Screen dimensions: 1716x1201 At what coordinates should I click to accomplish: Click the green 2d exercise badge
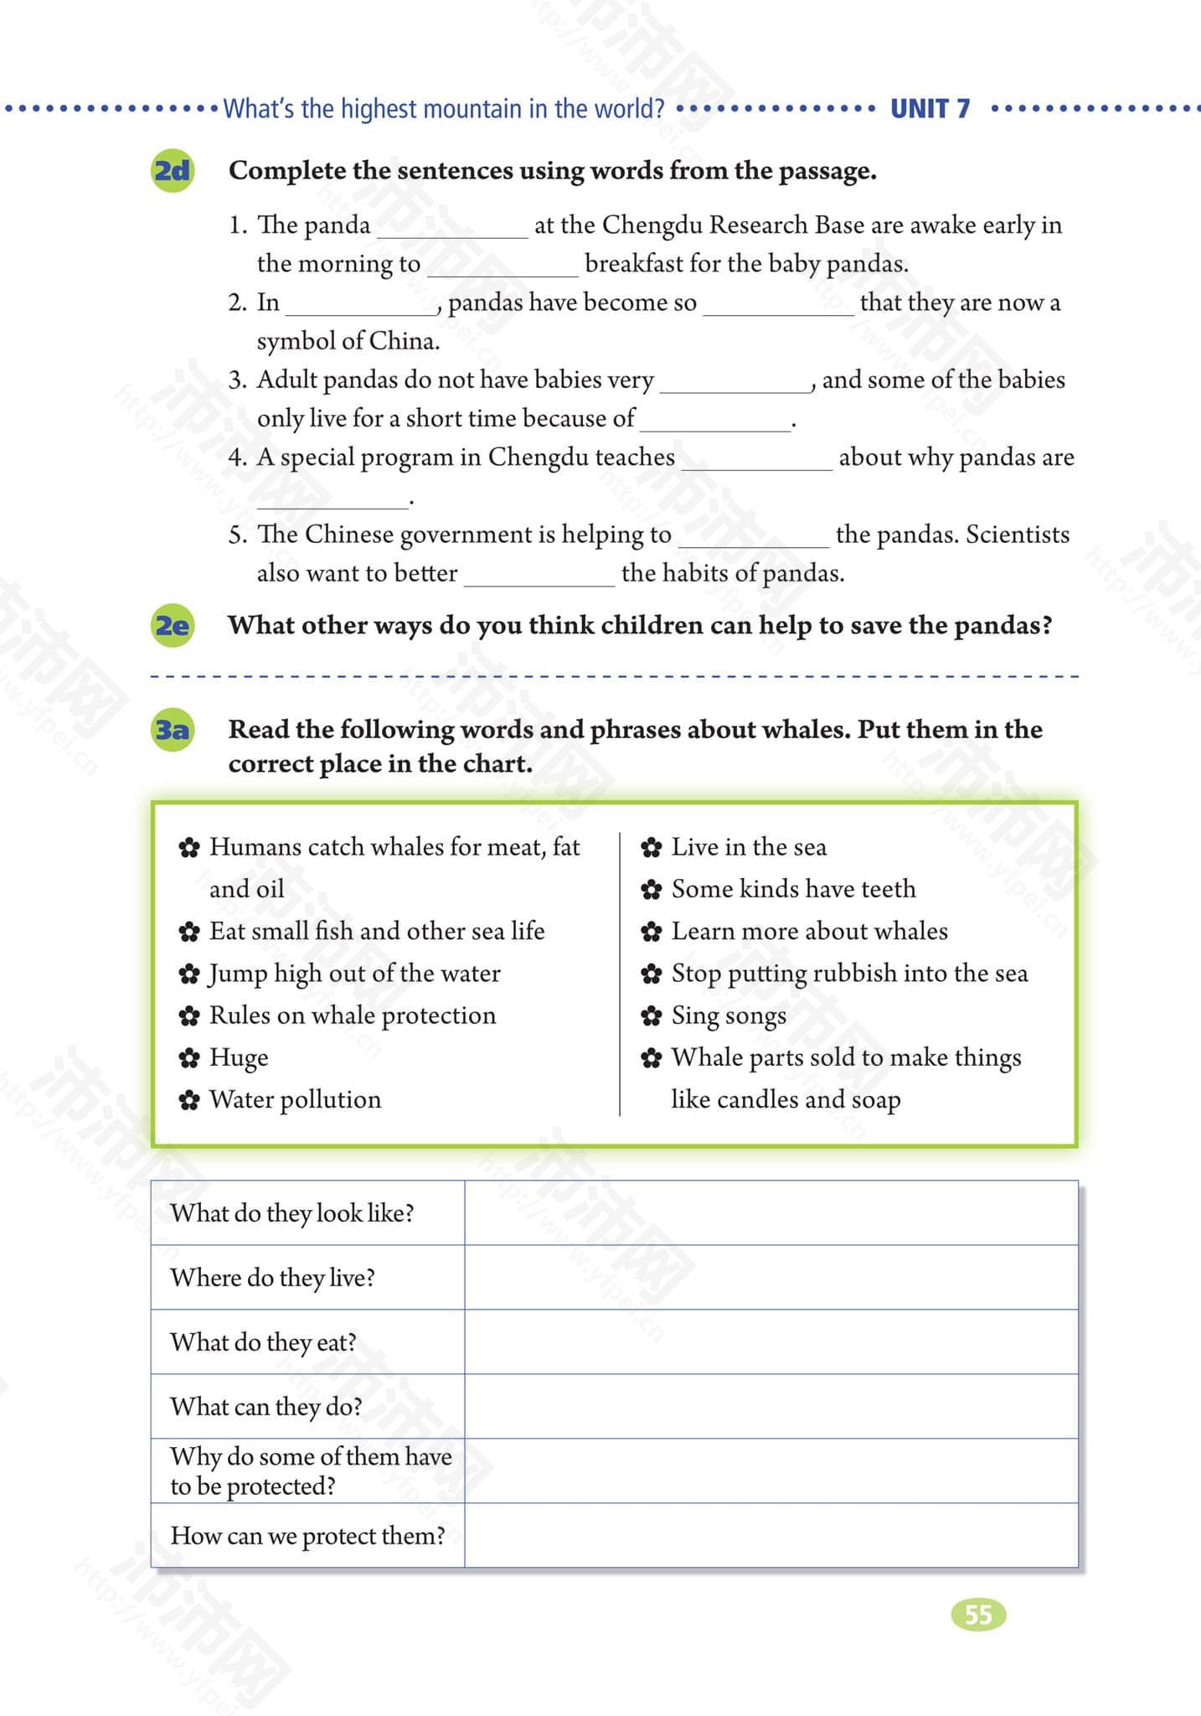(x=173, y=171)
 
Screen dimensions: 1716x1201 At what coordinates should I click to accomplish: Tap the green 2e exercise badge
(x=173, y=626)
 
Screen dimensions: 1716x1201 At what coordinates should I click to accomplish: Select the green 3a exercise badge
(x=173, y=730)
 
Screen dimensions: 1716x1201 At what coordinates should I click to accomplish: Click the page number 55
(x=978, y=1615)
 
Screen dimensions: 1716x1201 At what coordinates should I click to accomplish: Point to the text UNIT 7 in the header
(x=930, y=109)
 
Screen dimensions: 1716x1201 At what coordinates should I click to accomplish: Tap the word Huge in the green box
(x=239, y=1057)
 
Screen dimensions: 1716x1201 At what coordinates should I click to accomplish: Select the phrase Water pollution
(x=295, y=1099)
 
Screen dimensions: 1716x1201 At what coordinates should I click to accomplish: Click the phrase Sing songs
(x=729, y=1016)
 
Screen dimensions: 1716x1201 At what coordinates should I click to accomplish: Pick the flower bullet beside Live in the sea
(x=652, y=848)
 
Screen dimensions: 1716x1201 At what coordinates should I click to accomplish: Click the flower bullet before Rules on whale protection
(x=189, y=1016)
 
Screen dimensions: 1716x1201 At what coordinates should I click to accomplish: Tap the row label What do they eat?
(x=263, y=1342)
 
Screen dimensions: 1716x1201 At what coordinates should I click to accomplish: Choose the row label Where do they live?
(x=272, y=1278)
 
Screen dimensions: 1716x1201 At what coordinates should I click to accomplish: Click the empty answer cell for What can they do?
(x=771, y=1407)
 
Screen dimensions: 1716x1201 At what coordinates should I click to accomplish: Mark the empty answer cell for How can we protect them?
(x=771, y=1536)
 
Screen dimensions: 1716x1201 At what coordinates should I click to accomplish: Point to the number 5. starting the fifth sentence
(x=238, y=535)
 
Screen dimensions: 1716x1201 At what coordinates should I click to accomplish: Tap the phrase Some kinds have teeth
(x=793, y=889)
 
